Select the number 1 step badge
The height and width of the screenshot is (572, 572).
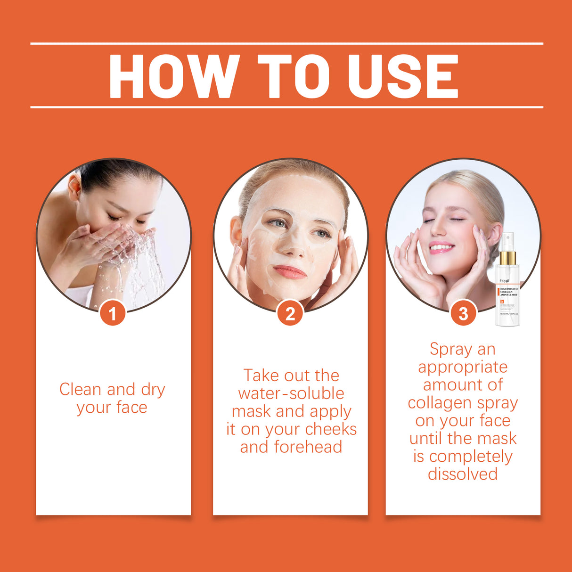pyautogui.click(x=113, y=313)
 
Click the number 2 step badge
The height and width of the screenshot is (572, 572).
pyautogui.click(x=290, y=313)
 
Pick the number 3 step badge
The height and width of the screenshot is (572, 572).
pyautogui.click(x=463, y=313)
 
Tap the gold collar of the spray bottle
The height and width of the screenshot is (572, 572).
pyautogui.click(x=507, y=258)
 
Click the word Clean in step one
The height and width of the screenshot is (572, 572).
pyautogui.click(x=80, y=390)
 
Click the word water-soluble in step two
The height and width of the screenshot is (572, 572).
pyautogui.click(x=291, y=393)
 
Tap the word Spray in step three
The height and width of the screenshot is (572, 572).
pyautogui.click(x=450, y=349)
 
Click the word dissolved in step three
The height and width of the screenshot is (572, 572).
pyautogui.click(x=463, y=474)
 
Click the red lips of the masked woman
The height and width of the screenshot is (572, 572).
pyautogui.click(x=290, y=272)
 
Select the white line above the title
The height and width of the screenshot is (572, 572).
pyautogui.click(x=286, y=43)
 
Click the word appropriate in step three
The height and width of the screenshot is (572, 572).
pyautogui.click(x=463, y=367)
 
